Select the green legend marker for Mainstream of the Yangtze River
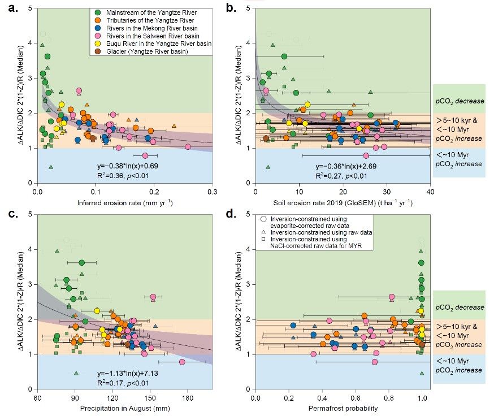pos(97,11)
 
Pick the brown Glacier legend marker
pos(97,51)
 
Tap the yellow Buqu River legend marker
pos(97,44)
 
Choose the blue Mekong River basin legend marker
pos(97,27)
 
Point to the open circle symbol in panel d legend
pos(264,219)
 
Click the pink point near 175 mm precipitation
pos(182,362)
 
